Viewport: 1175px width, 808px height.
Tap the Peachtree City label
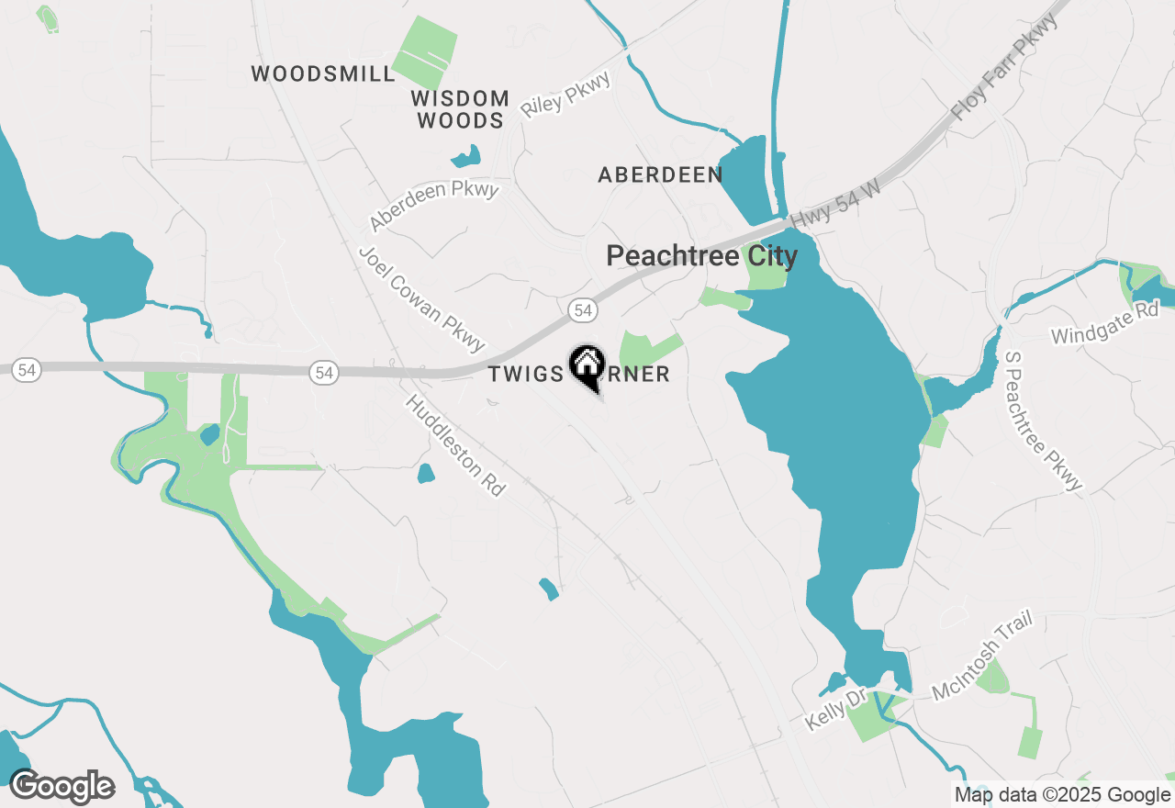click(x=701, y=256)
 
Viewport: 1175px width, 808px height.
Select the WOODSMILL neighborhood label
click(x=323, y=74)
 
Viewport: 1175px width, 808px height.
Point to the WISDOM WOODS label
click(x=460, y=109)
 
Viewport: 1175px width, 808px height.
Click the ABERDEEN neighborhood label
click(x=660, y=174)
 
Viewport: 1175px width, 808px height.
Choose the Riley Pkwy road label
click(x=565, y=95)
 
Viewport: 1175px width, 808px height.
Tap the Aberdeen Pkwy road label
click(x=433, y=206)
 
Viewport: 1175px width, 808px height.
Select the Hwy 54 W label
click(x=834, y=203)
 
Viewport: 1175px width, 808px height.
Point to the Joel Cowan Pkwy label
click(x=421, y=298)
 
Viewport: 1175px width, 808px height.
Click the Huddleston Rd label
click(x=455, y=445)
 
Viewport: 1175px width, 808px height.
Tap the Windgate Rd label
click(x=1105, y=322)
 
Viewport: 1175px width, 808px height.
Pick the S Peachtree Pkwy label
click(x=1044, y=421)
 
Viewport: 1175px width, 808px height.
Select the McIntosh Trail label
click(x=982, y=656)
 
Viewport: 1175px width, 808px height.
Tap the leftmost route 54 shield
click(x=28, y=369)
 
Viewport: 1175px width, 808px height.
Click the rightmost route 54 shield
click(x=582, y=310)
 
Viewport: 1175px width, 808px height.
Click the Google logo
click(x=62, y=786)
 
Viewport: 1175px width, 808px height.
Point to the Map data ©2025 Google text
click(x=1062, y=795)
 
